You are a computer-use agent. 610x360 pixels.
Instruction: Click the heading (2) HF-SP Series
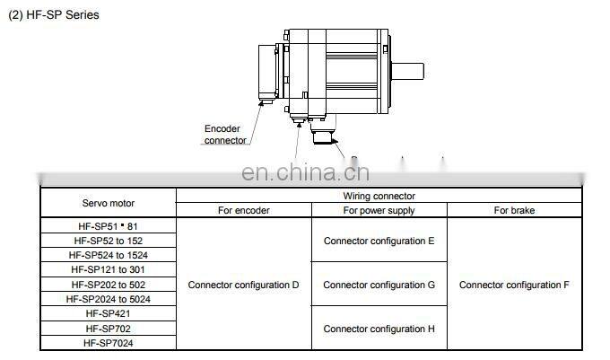54,15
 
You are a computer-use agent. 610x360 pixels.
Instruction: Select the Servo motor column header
108,203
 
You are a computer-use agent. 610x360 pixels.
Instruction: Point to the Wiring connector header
379,195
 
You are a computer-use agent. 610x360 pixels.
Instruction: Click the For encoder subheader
243,210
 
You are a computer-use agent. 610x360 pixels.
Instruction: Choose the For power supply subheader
379,210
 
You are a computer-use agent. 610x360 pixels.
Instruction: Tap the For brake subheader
514,210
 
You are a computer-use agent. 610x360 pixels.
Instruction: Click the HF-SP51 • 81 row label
108,225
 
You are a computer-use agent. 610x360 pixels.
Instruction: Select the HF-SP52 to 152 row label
108,241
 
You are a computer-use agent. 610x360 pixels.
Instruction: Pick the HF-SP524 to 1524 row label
108,255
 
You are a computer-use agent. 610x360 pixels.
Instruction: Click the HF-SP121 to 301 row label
108,269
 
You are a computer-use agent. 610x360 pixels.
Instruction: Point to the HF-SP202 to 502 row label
108,284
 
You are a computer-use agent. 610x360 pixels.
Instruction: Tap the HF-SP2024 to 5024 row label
108,298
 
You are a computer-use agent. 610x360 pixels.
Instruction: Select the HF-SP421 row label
108,313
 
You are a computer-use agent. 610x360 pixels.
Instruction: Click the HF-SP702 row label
108,328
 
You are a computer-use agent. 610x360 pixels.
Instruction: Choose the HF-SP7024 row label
108,342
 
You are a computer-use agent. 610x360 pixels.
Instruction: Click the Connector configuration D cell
243,285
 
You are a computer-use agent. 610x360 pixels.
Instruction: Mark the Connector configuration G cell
379,285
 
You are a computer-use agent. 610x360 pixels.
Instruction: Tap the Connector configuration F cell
514,285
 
